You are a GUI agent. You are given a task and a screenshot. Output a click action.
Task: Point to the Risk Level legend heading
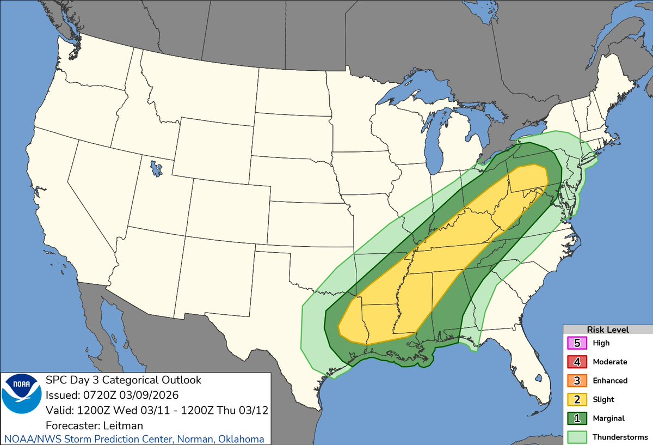[x=607, y=330]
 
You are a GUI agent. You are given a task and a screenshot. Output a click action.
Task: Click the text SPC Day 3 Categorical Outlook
[x=123, y=380]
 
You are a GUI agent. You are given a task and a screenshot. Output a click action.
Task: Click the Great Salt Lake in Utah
[x=157, y=168]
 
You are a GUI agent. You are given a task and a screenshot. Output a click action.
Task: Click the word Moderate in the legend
[x=609, y=362]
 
